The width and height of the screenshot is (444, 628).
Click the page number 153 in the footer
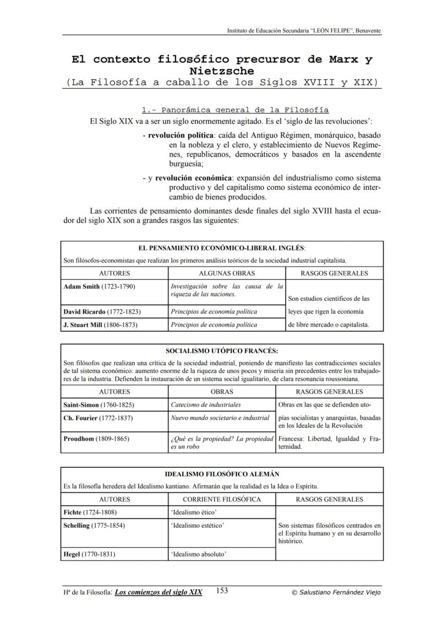point(222,591)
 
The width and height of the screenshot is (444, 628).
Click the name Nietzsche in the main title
point(222,71)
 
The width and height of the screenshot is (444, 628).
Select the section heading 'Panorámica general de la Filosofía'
point(235,110)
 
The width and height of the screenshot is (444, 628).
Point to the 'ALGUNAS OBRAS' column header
point(226,274)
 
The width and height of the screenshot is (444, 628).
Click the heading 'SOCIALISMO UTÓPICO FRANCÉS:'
point(222,351)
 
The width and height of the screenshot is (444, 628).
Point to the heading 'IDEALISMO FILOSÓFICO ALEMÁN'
point(222,474)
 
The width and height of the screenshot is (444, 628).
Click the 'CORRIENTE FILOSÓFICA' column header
point(222,499)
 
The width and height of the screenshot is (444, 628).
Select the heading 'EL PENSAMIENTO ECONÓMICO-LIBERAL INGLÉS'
point(221,248)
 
